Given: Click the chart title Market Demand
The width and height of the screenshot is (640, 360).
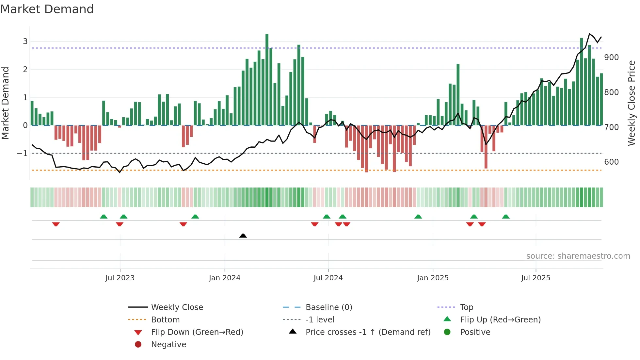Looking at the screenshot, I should coord(47,9).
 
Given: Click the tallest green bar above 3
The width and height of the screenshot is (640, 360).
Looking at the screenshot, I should coord(267,78).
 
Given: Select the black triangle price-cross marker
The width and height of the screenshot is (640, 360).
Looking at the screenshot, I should coord(243,236).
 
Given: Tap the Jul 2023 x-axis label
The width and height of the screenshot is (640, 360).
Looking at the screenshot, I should coord(120,278).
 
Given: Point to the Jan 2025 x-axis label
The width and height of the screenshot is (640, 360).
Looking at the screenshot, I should coord(433,278).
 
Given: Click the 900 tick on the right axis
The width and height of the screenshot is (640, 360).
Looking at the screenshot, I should coord(611,57).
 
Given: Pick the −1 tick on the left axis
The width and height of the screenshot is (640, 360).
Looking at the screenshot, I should coord(22,154).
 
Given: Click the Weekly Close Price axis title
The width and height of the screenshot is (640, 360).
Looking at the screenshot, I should coord(632,103).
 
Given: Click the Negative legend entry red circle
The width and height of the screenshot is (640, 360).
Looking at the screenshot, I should coord(138,345).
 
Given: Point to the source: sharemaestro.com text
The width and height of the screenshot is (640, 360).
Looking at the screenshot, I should coord(578,256).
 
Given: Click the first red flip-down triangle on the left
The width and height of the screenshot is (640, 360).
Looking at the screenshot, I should coord(56,224).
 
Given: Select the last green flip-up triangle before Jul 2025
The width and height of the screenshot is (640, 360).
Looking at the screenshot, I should coord(506,217).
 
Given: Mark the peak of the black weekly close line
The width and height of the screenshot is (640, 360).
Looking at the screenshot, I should coord(590,34).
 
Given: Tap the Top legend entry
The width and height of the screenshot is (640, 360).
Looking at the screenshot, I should coord(466,307).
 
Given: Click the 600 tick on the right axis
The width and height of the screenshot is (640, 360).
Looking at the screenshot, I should coord(611,162).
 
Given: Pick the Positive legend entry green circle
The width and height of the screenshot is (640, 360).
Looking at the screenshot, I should coord(447,332).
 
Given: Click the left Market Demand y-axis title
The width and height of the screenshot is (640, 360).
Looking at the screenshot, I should coord(5,103).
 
